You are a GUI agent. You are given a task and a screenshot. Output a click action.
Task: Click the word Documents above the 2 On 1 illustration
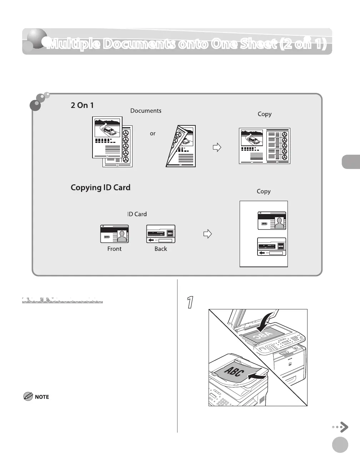pyautogui.click(x=146, y=111)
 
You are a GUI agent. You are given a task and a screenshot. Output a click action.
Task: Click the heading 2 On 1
pyautogui.click(x=82, y=105)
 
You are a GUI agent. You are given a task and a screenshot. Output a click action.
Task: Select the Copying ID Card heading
pyautogui.click(x=100, y=188)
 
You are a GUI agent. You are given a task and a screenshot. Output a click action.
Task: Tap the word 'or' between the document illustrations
pyautogui.click(x=152, y=134)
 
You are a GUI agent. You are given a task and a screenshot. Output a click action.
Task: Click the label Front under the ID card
pyautogui.click(x=114, y=249)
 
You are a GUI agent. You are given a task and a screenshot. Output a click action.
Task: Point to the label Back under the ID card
pyautogui.click(x=161, y=249)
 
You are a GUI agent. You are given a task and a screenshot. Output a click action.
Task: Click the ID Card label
pyautogui.click(x=137, y=214)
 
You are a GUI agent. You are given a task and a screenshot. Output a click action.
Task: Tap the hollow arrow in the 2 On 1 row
pyautogui.click(x=217, y=147)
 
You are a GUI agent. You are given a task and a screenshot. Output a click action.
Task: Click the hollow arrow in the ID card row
pyautogui.click(x=207, y=234)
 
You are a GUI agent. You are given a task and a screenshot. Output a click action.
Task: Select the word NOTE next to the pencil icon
pyautogui.click(x=42, y=397)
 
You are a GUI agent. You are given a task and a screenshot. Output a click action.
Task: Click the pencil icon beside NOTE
pyautogui.click(x=28, y=396)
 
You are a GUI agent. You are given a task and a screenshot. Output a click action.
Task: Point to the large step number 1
pyautogui.click(x=191, y=302)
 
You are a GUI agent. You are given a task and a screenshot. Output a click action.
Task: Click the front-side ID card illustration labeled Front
pyautogui.click(x=114, y=234)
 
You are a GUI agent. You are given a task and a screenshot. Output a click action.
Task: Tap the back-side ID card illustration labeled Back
pyautogui.click(x=161, y=234)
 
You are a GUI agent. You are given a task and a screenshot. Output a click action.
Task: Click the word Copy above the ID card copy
pyautogui.click(x=264, y=191)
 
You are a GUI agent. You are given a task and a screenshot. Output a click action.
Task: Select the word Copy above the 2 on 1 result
pyautogui.click(x=265, y=114)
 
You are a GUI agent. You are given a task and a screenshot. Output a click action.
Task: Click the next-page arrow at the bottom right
pyautogui.click(x=341, y=427)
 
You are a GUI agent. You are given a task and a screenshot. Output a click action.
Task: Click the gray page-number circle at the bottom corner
pyautogui.click(x=340, y=445)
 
